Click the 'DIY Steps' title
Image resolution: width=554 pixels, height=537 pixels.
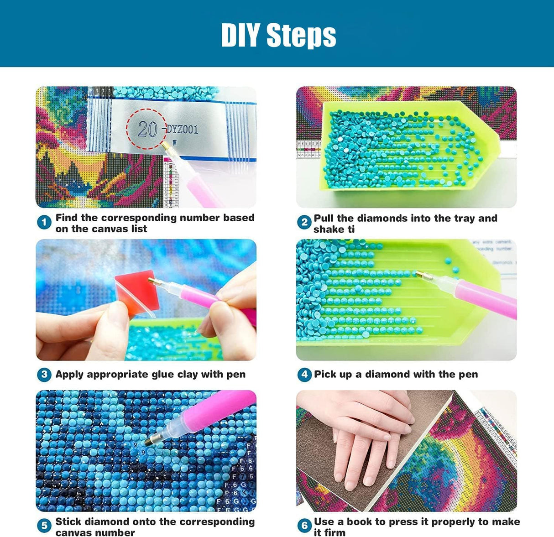tap(278, 35)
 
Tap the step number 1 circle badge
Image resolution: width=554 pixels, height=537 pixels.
tap(44, 223)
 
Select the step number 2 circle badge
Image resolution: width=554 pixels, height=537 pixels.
tap(304, 223)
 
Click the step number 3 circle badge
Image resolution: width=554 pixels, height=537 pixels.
tap(44, 375)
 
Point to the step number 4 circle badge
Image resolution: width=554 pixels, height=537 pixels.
tap(304, 375)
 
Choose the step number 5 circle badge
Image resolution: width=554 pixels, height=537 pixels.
tap(44, 526)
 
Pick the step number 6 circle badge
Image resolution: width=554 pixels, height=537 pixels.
tap(304, 526)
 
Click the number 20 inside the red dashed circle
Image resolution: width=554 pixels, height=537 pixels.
tap(147, 129)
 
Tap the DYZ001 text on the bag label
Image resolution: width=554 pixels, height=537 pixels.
tap(182, 129)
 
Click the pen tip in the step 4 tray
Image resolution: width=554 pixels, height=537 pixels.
tap(419, 274)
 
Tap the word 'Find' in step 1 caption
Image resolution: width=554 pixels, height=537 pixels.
tap(67, 218)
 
